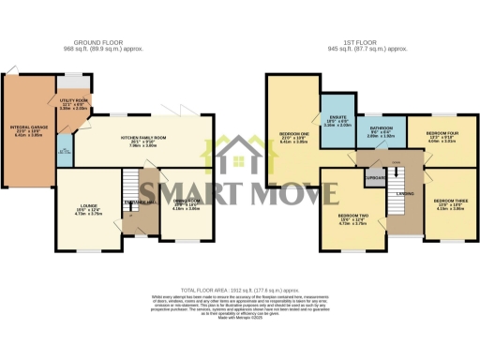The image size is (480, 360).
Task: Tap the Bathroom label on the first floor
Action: pos(381,131)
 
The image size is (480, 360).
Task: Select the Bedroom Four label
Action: pos(442,138)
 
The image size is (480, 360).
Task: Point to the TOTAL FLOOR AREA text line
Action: pos(239,291)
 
